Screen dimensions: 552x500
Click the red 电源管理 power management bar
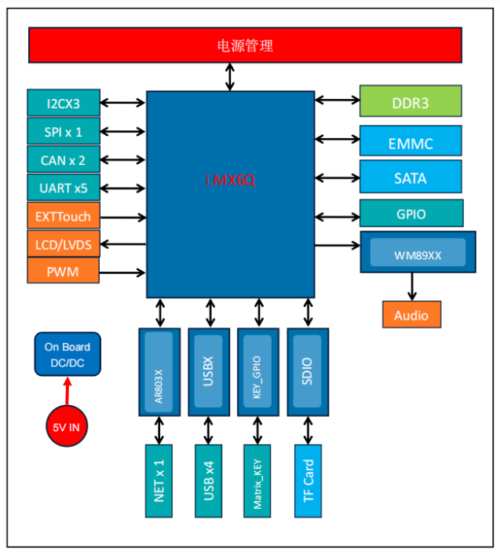245,45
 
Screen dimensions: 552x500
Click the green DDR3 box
411,101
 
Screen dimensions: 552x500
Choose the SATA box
411,177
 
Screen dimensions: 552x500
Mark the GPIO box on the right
411,213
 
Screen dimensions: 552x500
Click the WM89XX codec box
418,253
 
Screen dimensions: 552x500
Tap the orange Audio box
411,314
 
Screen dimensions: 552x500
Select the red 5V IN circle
67,427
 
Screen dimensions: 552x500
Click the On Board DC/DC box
67,353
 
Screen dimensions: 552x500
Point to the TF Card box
308,481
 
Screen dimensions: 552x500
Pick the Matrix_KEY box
257,481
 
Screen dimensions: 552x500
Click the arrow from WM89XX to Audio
411,287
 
